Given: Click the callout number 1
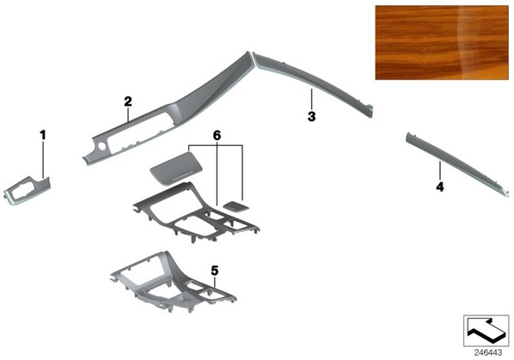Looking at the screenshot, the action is (x=43, y=135).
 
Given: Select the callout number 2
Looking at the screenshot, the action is (x=128, y=101).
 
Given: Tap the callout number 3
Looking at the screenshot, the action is (x=311, y=116).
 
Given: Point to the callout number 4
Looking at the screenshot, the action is (x=440, y=187).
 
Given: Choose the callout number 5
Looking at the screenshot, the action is (x=215, y=271).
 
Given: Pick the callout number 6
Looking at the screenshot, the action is (x=217, y=135).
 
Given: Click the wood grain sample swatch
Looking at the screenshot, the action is (x=442, y=43).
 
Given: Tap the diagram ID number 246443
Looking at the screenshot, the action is (x=487, y=353).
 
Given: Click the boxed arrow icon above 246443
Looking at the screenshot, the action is (x=486, y=331).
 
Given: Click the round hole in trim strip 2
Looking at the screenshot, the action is (x=101, y=146).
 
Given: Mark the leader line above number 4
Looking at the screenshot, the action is (x=440, y=172).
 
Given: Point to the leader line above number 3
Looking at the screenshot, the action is (x=311, y=100).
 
